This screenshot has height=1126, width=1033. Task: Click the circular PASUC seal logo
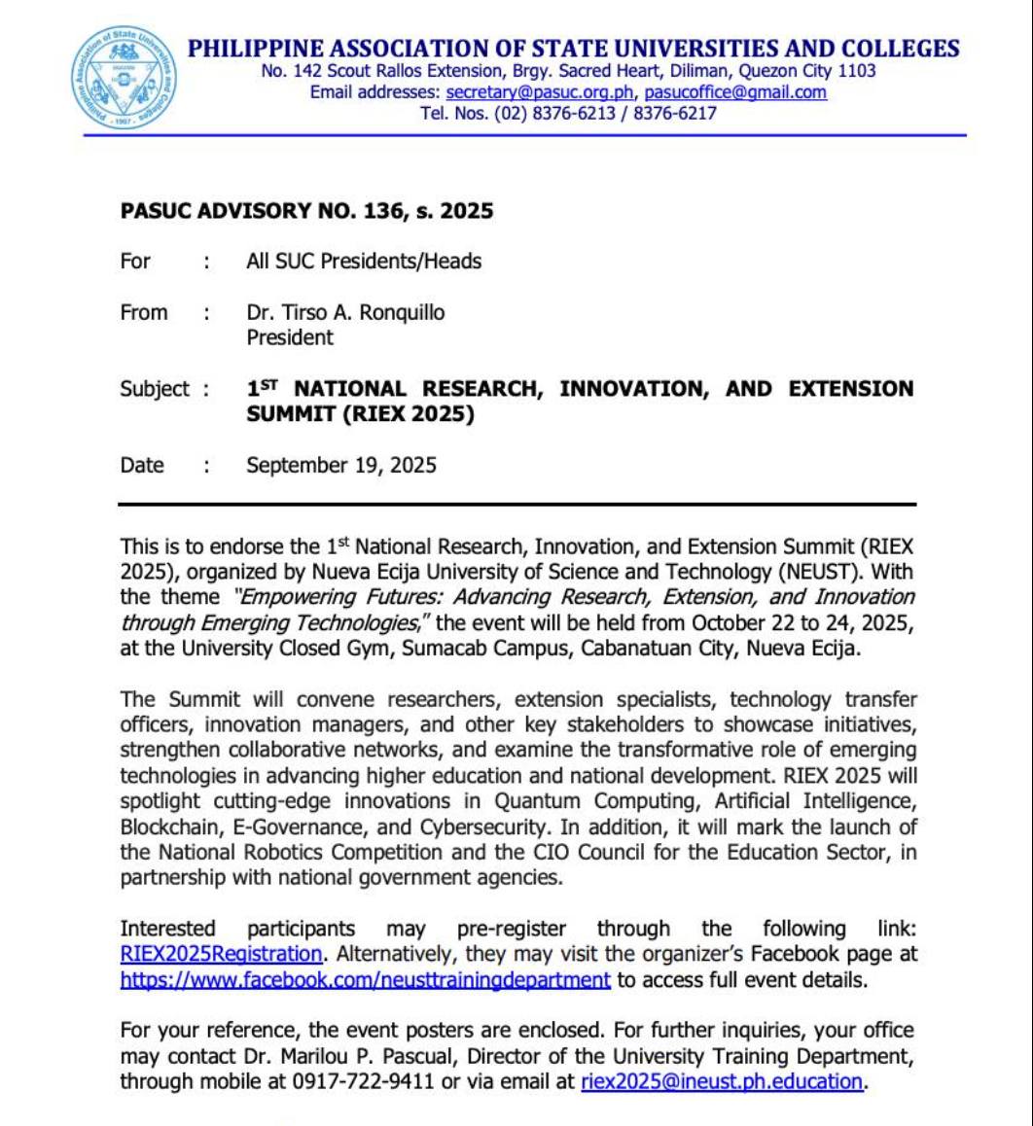[x=124, y=78]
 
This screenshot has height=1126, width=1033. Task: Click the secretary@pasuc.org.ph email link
[x=540, y=92]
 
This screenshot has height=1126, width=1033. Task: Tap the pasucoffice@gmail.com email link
[x=735, y=92]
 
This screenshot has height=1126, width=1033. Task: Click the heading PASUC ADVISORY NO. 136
[x=306, y=211]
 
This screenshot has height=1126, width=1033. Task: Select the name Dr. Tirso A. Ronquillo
[x=345, y=312]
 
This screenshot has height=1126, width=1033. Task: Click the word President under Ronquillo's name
[x=289, y=337]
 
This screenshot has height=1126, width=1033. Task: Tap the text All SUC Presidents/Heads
[x=364, y=261]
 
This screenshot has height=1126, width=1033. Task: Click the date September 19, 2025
[x=340, y=465]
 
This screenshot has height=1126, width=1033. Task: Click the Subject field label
[x=155, y=389]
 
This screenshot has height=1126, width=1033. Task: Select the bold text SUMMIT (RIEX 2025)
[x=360, y=414]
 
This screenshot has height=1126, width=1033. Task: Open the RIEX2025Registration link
[x=221, y=954]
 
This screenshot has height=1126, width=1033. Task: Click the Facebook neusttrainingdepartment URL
[x=365, y=979]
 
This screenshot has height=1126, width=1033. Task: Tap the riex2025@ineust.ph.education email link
[x=722, y=1080]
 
